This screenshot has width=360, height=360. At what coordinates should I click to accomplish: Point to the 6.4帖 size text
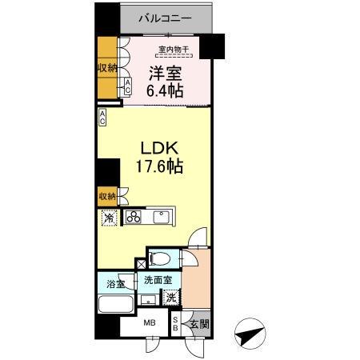(x=165, y=92)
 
